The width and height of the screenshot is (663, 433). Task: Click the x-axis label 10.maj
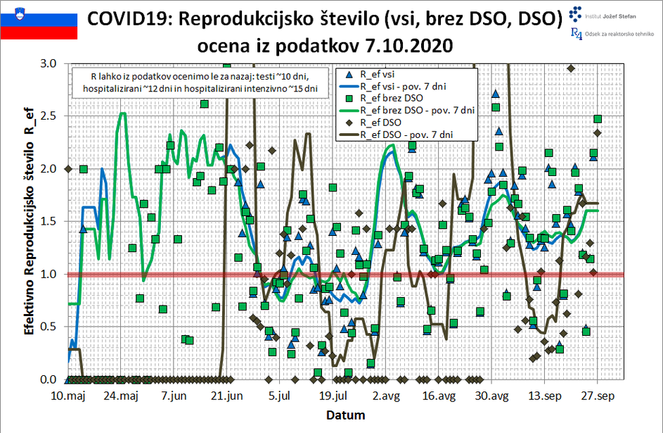coord(67,396)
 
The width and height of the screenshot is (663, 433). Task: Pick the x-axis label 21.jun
coord(226,396)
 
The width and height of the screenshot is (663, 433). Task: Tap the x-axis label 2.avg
coord(387,396)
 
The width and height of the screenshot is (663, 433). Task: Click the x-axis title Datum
coord(330,415)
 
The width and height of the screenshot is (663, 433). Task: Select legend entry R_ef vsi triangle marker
coord(349,73)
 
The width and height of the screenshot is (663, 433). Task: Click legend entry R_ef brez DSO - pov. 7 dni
coord(418,111)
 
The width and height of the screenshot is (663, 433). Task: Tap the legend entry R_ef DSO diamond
coord(349,122)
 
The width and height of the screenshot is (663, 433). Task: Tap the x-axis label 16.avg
coord(439,396)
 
